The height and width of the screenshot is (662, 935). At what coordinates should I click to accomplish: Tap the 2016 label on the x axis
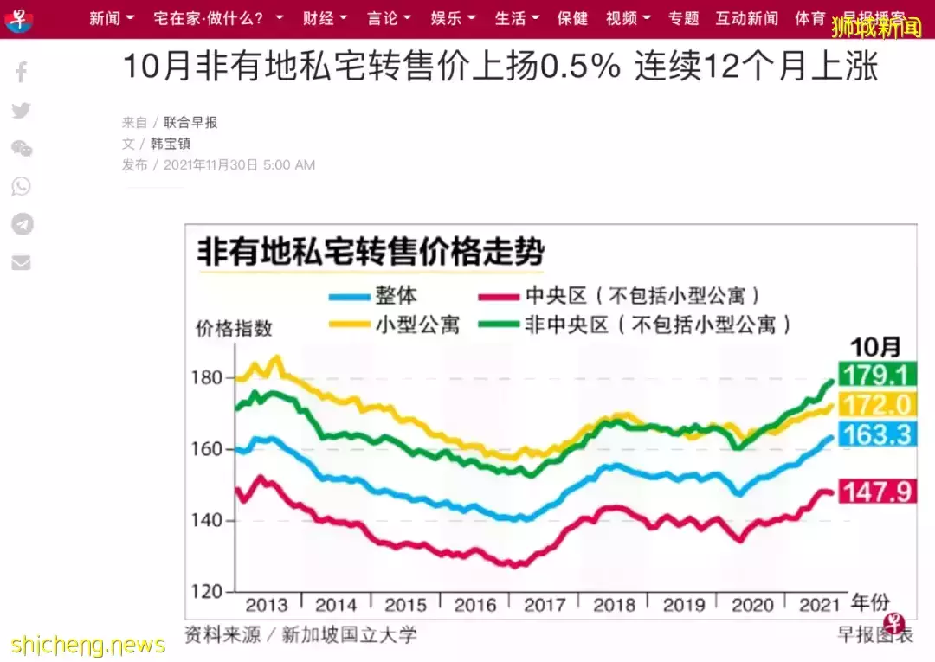(474, 604)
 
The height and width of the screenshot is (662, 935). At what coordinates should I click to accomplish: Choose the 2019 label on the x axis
(684, 604)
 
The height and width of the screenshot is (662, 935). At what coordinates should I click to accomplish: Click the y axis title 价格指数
(234, 328)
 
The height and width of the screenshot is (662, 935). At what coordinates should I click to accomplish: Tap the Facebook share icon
(22, 72)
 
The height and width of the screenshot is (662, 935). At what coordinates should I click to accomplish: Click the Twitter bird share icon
(22, 110)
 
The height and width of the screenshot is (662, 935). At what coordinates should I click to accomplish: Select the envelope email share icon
(22, 262)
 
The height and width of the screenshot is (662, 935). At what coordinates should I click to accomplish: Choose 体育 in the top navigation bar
(810, 18)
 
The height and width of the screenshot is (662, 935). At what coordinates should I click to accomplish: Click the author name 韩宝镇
(171, 144)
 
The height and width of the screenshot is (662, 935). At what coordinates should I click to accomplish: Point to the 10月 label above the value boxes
(874, 347)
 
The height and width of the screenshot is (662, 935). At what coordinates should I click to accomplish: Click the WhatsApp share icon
(22, 186)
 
